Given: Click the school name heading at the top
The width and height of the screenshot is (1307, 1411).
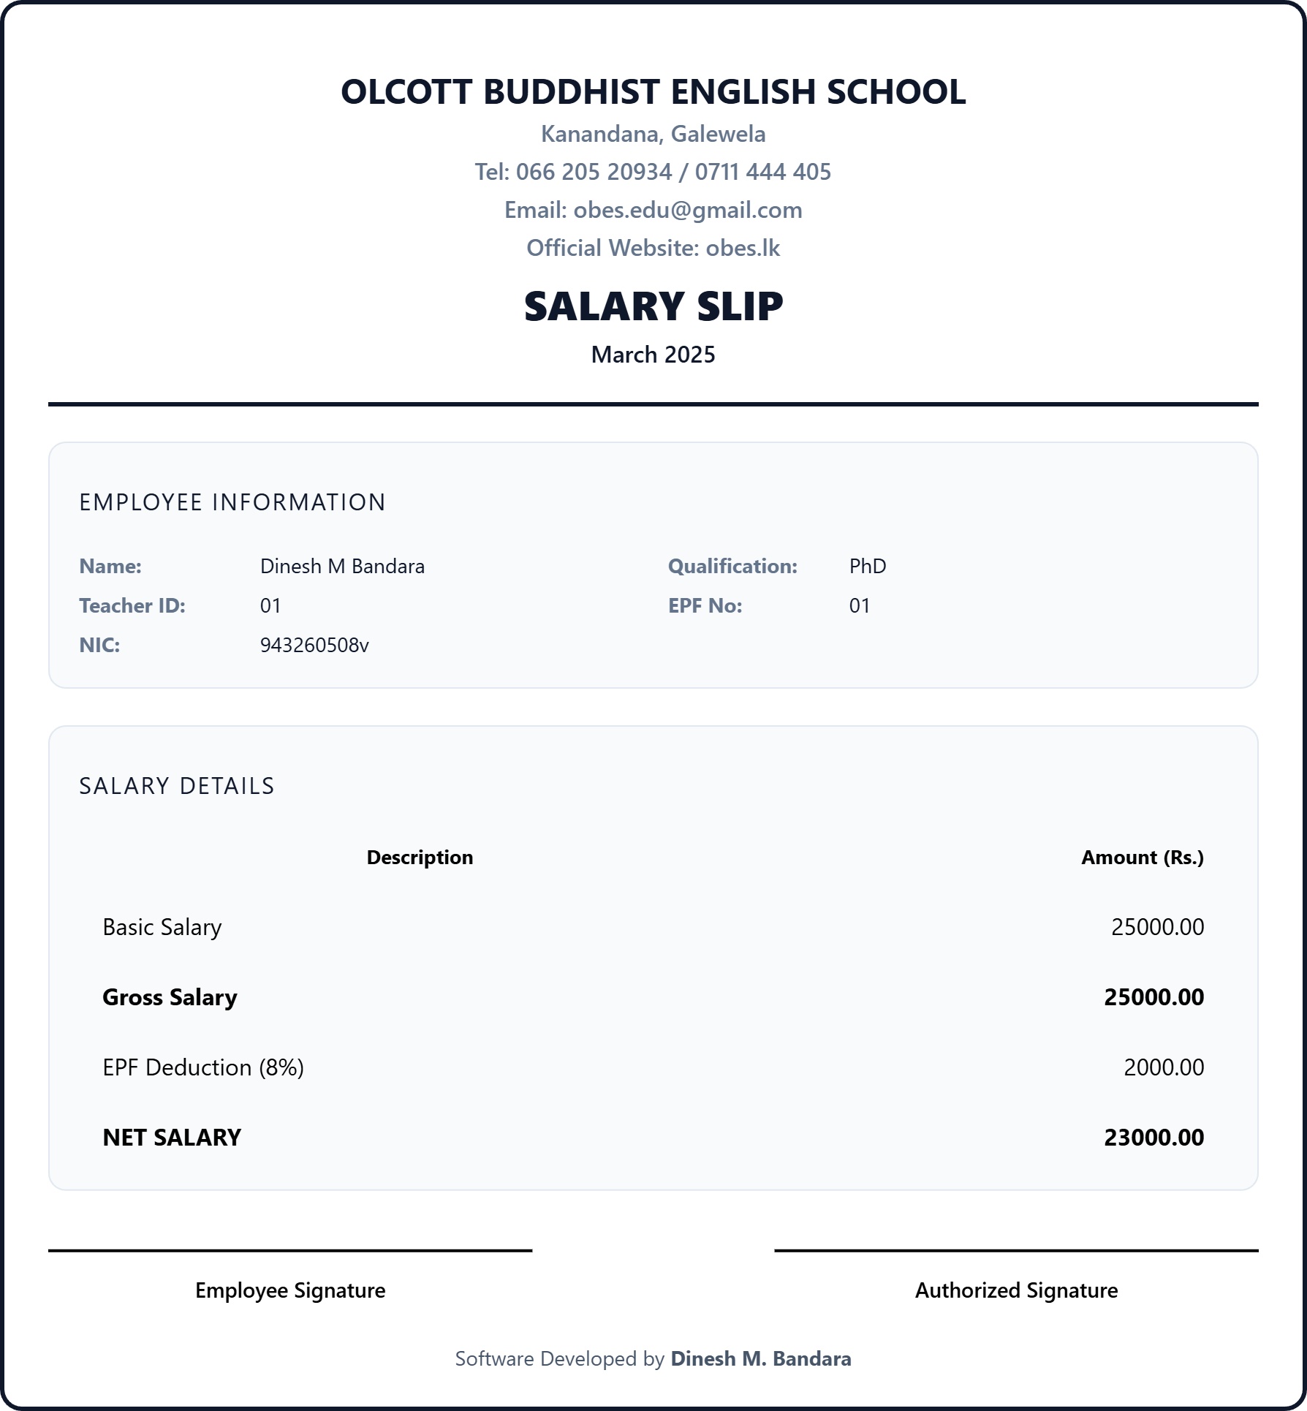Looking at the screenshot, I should coord(653,92).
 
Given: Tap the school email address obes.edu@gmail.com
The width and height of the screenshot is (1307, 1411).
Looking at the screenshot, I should coord(687,211).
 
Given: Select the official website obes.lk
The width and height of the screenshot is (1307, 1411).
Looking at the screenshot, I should coord(743,249).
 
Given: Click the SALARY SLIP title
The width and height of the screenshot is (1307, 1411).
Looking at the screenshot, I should coord(653,306).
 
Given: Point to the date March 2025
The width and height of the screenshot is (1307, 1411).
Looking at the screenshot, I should coord(653,355).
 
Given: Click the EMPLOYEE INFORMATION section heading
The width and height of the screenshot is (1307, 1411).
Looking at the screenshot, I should coord(232,502).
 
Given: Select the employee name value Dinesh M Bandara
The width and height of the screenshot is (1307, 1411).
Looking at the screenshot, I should coord(342,567).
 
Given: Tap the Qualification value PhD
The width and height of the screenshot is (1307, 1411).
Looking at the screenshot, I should coord(868,567).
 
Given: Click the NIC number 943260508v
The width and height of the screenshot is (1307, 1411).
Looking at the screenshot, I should coord(314,646).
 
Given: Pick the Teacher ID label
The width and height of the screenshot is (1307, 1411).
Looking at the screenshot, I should coord(132,606).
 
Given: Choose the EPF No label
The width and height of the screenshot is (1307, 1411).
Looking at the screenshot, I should coord(705,606).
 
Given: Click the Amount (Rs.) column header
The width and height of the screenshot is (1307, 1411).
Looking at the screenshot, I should coord(1142,858).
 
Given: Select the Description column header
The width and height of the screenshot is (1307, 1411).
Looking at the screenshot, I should coord(420,858).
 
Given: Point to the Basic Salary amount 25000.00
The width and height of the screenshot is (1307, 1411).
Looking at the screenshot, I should coord(1157,928).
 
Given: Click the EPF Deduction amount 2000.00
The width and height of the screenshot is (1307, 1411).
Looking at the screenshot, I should coord(1163,1068).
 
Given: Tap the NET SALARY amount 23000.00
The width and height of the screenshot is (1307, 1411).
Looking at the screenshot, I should coord(1153,1138).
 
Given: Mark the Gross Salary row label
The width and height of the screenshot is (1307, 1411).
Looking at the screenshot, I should coord(170,998).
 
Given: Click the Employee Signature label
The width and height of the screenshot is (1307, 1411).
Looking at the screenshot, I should coord(290,1291).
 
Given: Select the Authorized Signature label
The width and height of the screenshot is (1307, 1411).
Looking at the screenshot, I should coord(1016,1291).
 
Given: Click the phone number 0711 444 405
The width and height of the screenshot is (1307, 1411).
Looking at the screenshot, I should coord(762,173).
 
